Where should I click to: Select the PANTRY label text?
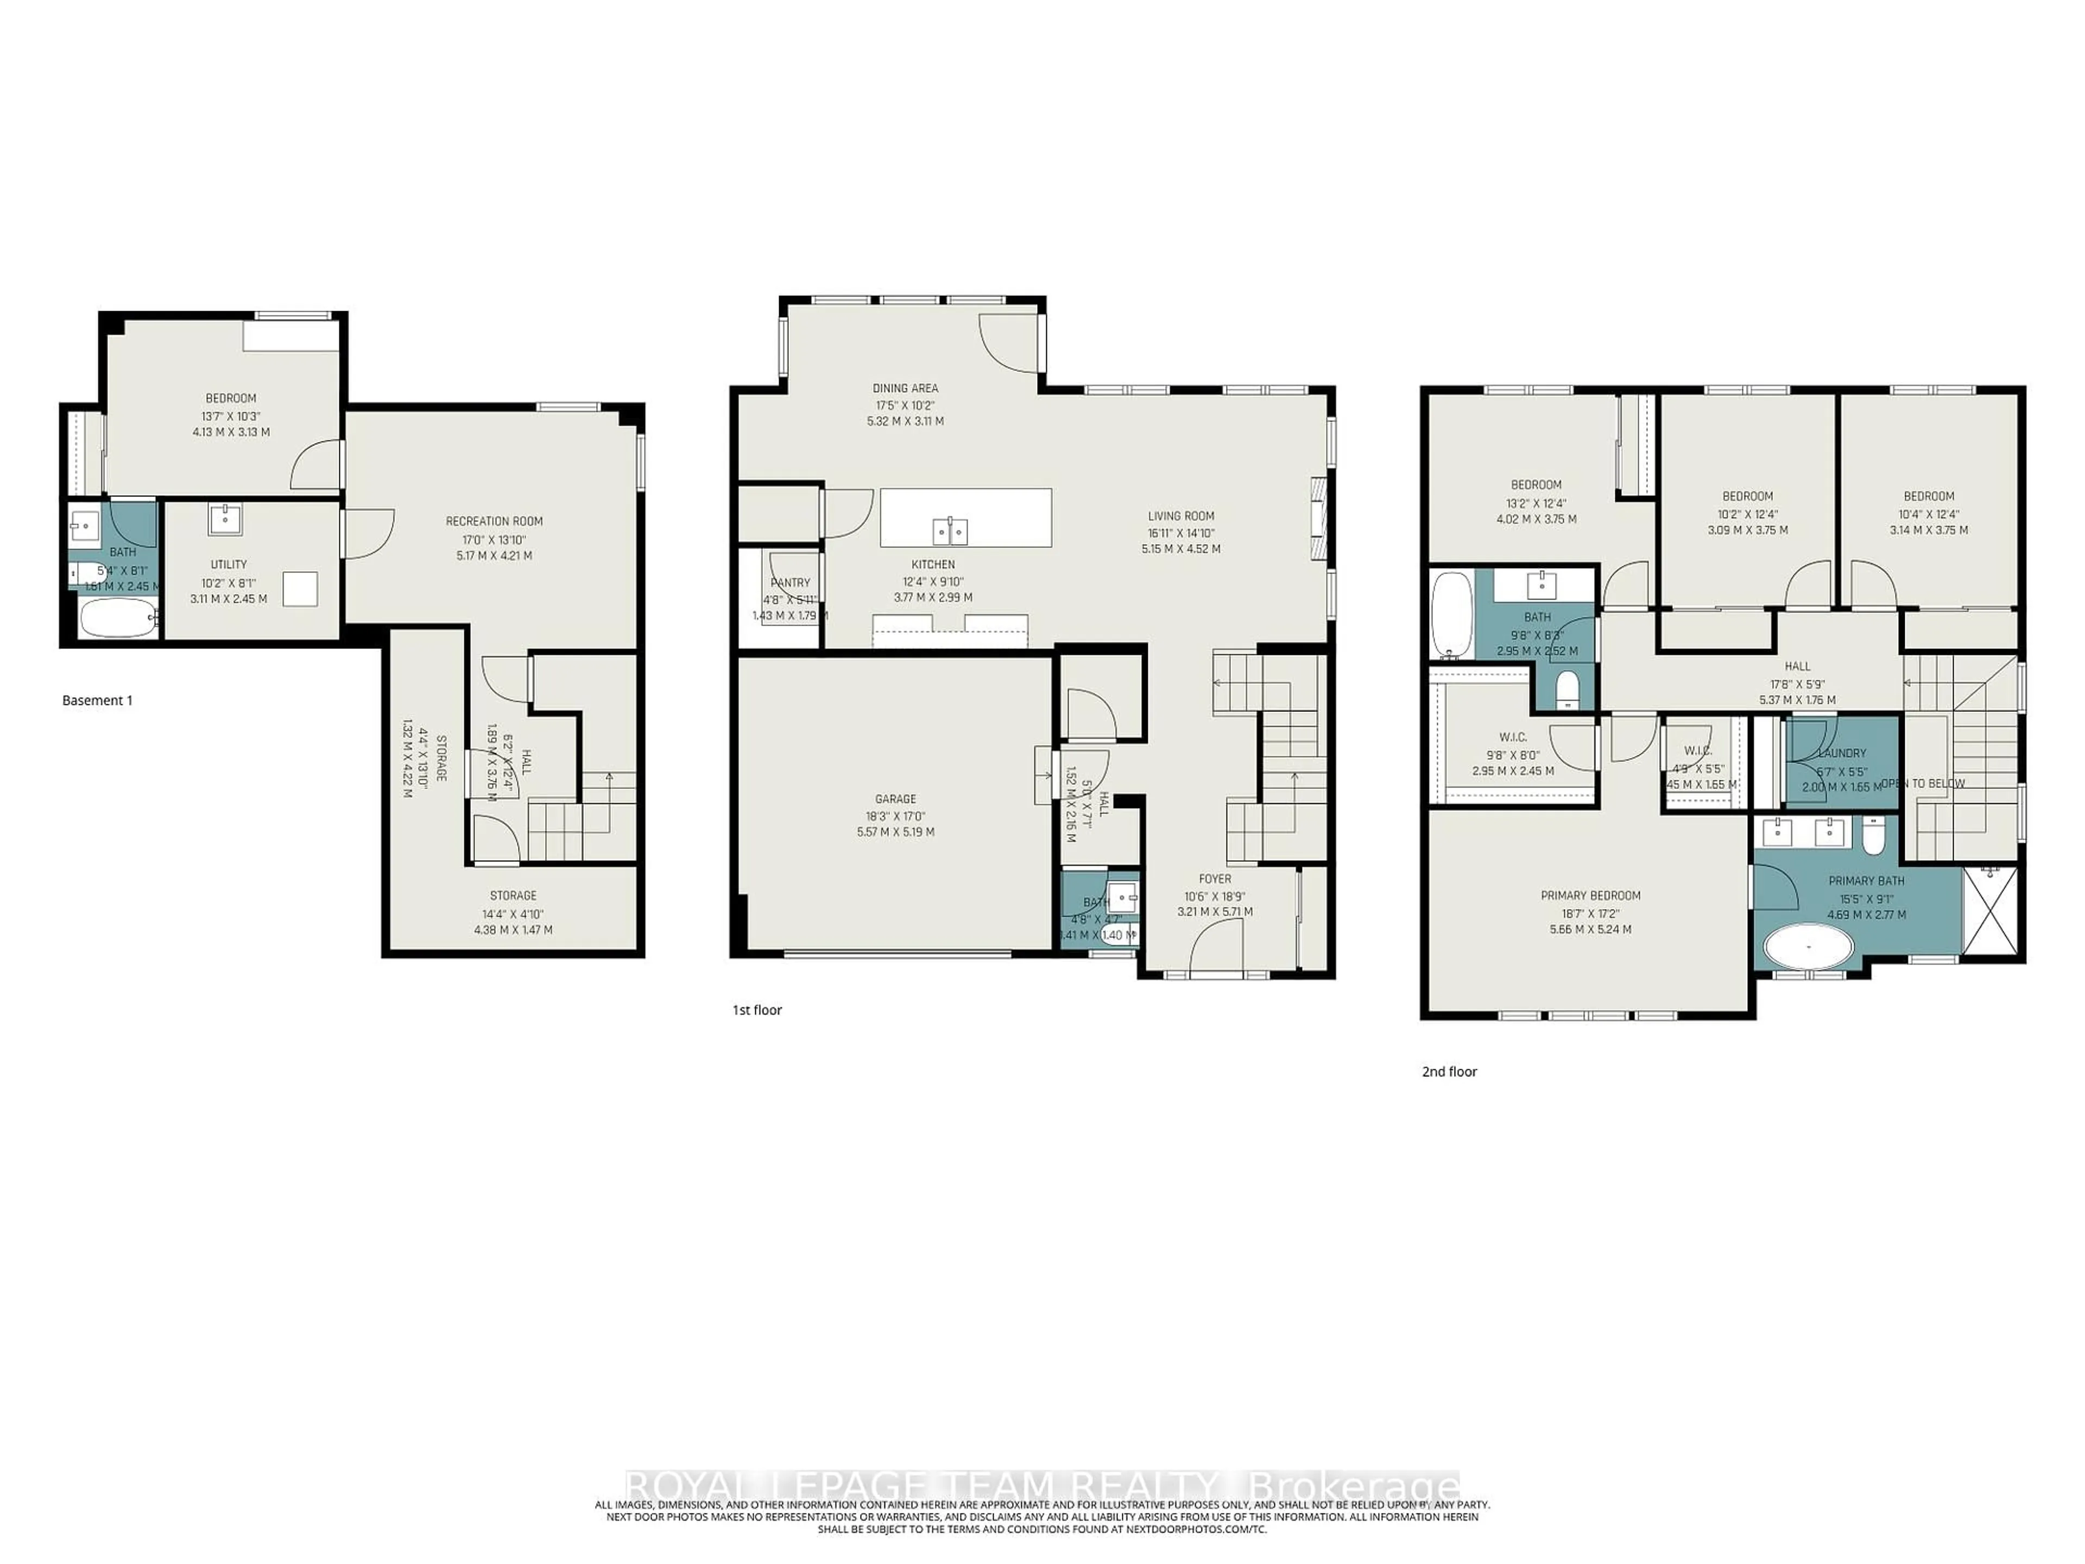coord(790,583)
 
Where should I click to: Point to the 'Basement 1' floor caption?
coord(97,701)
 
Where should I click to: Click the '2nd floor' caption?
coord(1450,1072)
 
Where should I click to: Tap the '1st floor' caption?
coord(757,1010)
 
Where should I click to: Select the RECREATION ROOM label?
coord(494,521)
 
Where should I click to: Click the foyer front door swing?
coord(1216,948)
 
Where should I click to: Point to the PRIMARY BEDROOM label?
coord(1590,895)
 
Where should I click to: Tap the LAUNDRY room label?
coord(1841,753)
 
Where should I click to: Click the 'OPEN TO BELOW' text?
coord(1923,784)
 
